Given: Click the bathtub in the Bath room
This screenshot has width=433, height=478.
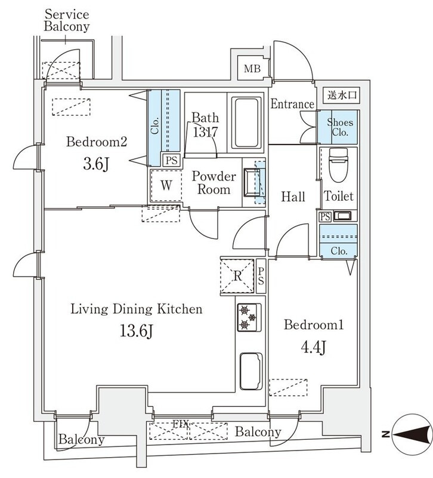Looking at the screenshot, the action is point(246,122).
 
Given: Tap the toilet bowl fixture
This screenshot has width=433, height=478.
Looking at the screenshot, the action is point(338,165).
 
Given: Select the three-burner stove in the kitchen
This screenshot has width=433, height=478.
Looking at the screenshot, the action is point(249,317).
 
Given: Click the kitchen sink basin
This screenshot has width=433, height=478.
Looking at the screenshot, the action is point(251,371).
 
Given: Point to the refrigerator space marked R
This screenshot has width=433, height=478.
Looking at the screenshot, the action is point(237,276).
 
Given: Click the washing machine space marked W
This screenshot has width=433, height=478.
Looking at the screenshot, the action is point(166,185).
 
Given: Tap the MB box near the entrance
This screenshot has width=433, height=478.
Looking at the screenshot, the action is point(252,68).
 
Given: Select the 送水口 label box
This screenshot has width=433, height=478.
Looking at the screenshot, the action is point(341,95).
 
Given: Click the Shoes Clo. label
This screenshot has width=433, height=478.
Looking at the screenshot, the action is point(340,127).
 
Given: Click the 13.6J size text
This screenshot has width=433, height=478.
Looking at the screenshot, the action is point(136,331).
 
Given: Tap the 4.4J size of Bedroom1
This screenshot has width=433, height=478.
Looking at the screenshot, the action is point(313,348).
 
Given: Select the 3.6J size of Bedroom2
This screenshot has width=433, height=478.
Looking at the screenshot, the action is point(96,165).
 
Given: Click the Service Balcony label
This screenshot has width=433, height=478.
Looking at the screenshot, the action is point(67,20).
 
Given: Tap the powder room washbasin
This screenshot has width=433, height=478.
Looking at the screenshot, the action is point(252,182).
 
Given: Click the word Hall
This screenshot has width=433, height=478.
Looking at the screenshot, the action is point(293,197).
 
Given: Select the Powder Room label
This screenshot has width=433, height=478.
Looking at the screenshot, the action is point(214,183).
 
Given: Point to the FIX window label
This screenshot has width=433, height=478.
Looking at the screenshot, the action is point(181,424).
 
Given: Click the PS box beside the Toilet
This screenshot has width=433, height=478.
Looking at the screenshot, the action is point(325,216).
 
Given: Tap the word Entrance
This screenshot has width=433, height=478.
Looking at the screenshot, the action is point(292,104).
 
